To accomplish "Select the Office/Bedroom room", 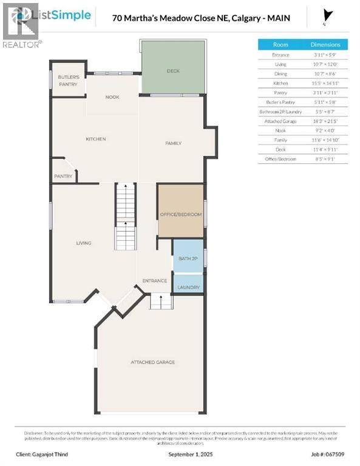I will point(180,215).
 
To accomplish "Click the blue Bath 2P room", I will point(188,258).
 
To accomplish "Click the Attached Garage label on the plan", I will point(152,362).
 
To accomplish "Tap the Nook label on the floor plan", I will point(112,96).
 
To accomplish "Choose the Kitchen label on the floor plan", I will point(96,139).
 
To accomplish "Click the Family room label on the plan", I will point(174,143).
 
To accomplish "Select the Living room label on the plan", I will point(83,243).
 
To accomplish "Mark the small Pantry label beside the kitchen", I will point(63,177).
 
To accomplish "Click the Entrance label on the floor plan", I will point(154,280).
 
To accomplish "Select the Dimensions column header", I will point(325,44).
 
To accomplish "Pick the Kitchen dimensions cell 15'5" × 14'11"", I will point(325,83).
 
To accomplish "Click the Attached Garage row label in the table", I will point(280,121).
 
